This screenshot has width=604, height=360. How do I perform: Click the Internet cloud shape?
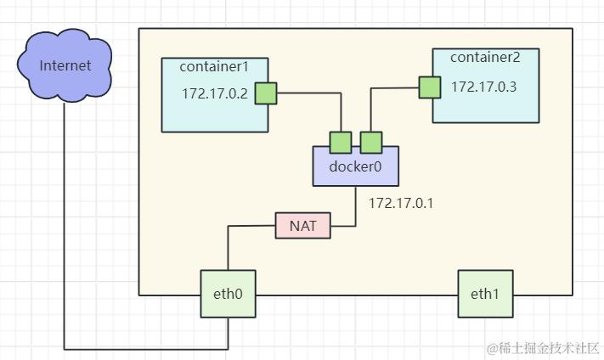(x=65, y=65)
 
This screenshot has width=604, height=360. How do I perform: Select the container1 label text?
(x=212, y=66)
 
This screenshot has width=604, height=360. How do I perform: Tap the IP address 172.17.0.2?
(x=214, y=93)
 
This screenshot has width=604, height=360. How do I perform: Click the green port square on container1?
(x=267, y=93)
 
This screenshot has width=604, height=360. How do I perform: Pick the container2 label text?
(x=484, y=58)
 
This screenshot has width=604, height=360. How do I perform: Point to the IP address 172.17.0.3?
(x=483, y=86)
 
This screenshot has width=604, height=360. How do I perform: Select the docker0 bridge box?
(x=355, y=166)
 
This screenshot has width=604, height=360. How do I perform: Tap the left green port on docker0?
(x=341, y=142)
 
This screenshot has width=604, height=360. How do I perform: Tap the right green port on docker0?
(x=370, y=142)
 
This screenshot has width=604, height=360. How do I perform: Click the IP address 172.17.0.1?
(x=400, y=203)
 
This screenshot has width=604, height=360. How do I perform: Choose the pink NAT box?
(x=303, y=226)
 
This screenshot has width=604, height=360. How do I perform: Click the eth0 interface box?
(x=228, y=295)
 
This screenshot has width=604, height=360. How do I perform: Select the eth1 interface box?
(x=485, y=295)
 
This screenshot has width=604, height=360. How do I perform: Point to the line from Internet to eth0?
(x=65, y=255)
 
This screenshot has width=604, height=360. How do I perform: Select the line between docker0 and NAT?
(x=355, y=208)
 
